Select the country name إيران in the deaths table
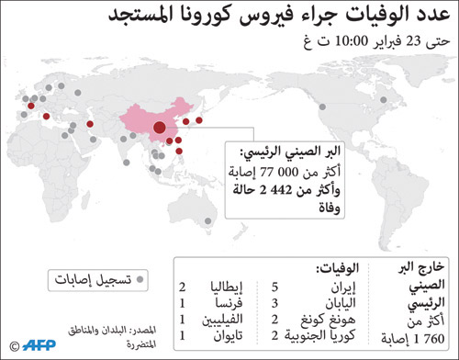pyautogui.click(x=325, y=287)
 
